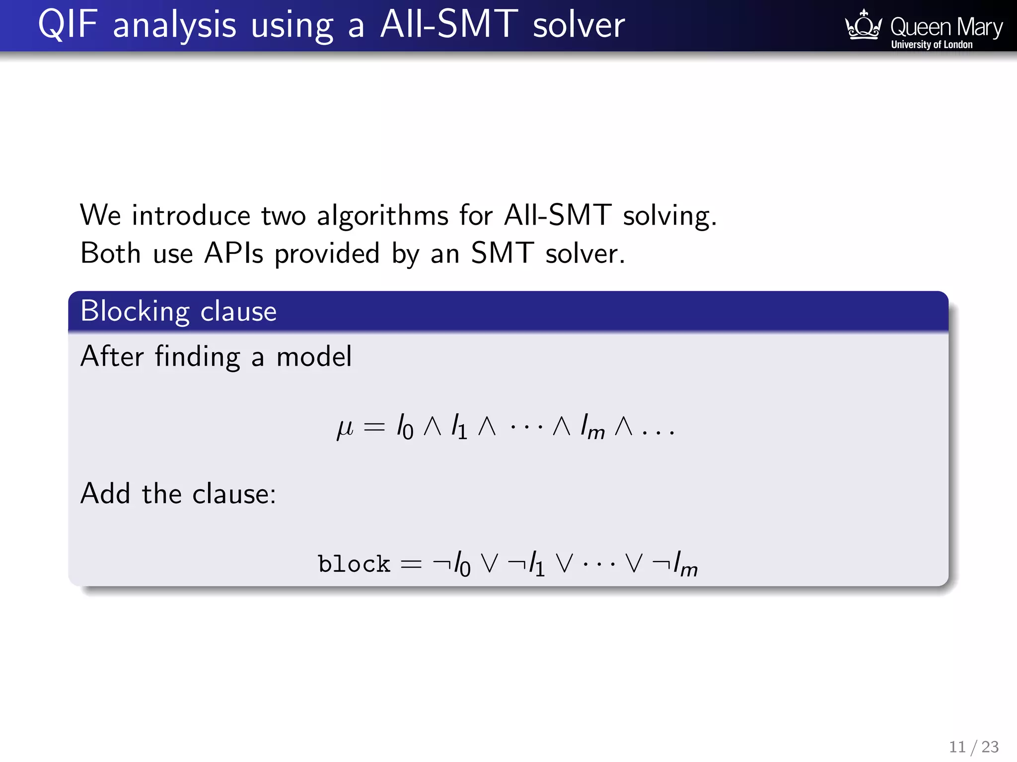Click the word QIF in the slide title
(x=67, y=25)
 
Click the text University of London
(x=932, y=45)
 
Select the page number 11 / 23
(x=973, y=747)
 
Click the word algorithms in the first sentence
(x=382, y=216)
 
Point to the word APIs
(x=233, y=254)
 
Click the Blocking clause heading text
(x=178, y=312)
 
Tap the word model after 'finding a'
(x=314, y=357)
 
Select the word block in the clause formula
(x=354, y=564)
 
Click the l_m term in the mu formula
(x=592, y=428)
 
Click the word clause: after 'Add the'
(x=234, y=494)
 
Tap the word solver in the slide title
(x=579, y=25)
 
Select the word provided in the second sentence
(x=327, y=254)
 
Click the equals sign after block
(x=411, y=564)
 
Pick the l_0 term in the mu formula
(x=405, y=428)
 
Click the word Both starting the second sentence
(x=110, y=254)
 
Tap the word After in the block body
(x=112, y=357)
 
